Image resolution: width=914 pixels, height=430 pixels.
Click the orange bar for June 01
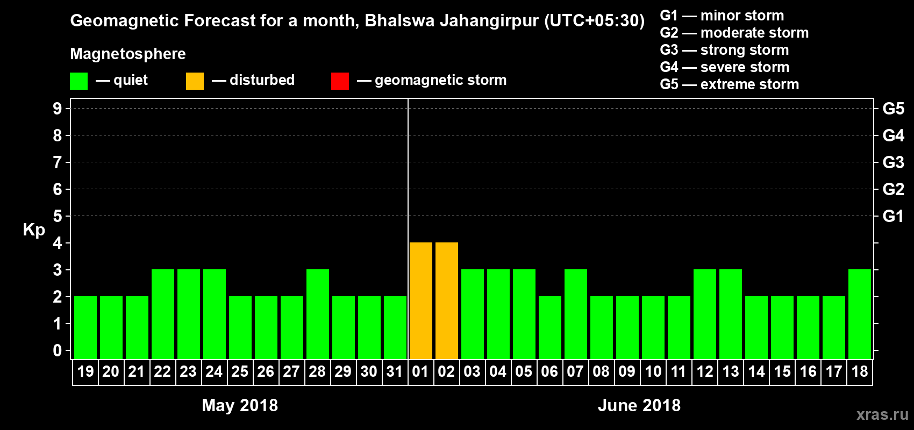click(x=420, y=300)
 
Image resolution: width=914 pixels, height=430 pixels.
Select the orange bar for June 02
click(x=446, y=300)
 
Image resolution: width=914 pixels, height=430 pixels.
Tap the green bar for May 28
click(x=317, y=314)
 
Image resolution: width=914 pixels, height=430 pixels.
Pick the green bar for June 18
click(x=859, y=314)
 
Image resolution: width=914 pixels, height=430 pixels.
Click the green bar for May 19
click(x=85, y=327)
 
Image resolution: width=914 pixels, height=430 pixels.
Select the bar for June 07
click(x=575, y=314)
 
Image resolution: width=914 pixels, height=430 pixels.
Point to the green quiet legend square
click(x=78, y=81)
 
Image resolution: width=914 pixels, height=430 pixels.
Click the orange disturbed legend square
click(x=195, y=81)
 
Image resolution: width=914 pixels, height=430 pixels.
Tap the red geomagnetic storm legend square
click(x=340, y=81)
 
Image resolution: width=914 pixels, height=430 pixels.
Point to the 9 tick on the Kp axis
click(x=58, y=109)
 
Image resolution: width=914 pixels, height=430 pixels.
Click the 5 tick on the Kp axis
click(x=58, y=216)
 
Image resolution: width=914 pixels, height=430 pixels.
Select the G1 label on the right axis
click(x=893, y=216)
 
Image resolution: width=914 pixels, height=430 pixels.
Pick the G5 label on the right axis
click(x=893, y=109)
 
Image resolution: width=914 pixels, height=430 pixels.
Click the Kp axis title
click(x=34, y=230)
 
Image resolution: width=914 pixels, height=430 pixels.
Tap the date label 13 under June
click(x=730, y=371)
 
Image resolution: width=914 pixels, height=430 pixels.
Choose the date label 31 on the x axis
click(x=395, y=371)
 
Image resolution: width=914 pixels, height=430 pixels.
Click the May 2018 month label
click(x=240, y=405)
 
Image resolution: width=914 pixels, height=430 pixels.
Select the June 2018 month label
click(x=639, y=405)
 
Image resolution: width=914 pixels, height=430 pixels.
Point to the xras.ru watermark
click(x=882, y=414)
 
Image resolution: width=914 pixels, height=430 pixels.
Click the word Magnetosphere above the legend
click(x=128, y=54)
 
